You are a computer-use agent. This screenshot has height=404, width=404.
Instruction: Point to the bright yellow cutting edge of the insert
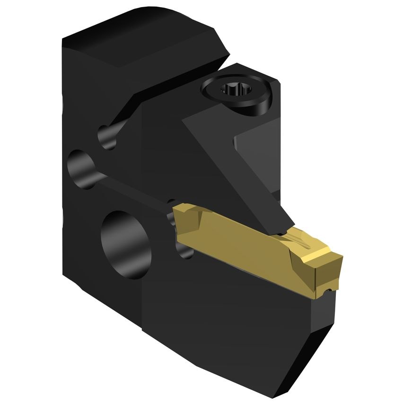pyautogui.click(x=322, y=255)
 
